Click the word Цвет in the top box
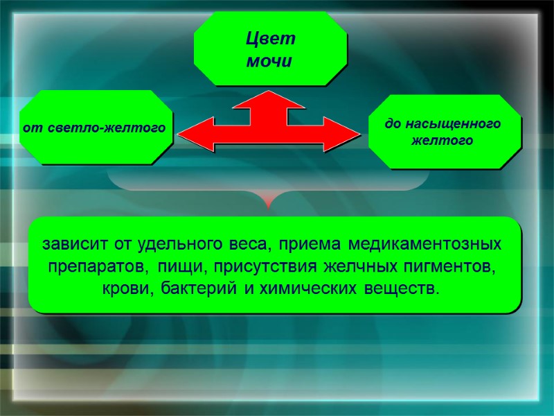[271, 38]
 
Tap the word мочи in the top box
[270, 61]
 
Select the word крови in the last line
[122, 287]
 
